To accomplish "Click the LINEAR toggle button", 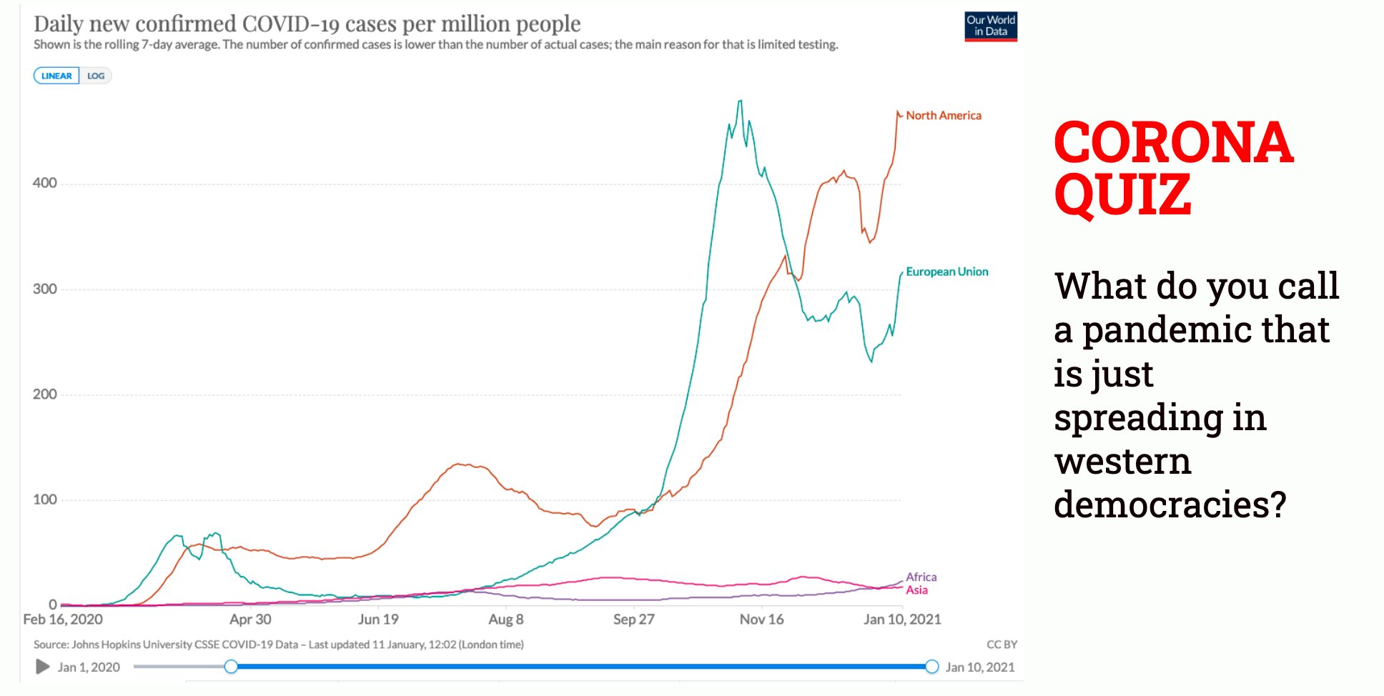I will click(x=56, y=76).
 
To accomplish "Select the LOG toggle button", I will click(x=96, y=76).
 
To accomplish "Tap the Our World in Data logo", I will click(x=990, y=26).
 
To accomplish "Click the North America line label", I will click(x=943, y=116).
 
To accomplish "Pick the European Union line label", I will click(x=946, y=272).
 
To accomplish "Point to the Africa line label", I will click(x=921, y=577).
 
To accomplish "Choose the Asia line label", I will click(x=916, y=590).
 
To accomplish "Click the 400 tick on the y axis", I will click(x=44, y=183).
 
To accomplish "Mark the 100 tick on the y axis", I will click(x=44, y=499).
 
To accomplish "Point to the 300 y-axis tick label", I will click(x=44, y=289).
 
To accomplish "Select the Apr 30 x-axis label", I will click(x=250, y=620).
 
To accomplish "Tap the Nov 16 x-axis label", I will click(x=761, y=620).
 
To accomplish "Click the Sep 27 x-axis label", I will click(x=633, y=620).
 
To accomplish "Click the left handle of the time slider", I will click(x=231, y=667).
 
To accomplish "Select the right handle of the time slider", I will click(x=931, y=667).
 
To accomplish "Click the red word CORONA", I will click(x=1173, y=142).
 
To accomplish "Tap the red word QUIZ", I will click(x=1122, y=194).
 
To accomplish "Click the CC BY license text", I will click(x=1002, y=645).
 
